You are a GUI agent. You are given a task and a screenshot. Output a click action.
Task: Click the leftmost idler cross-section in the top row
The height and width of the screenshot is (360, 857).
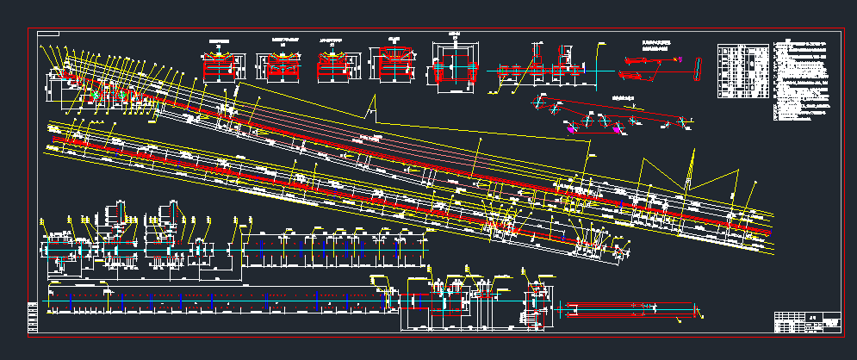pos(223,65)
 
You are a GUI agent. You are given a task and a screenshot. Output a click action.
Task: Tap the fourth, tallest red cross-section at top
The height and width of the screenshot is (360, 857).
pos(394,63)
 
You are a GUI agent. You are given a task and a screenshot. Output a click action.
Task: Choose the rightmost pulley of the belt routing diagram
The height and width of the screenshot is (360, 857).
pos(686,121)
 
